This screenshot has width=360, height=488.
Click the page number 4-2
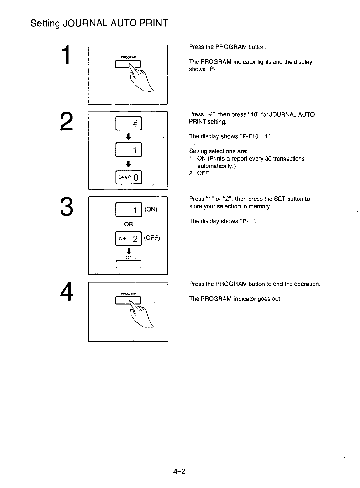click(x=180, y=472)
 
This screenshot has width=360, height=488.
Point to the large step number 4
click(x=65, y=291)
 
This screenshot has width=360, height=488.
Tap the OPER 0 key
click(x=129, y=177)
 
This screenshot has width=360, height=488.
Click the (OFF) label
click(x=152, y=238)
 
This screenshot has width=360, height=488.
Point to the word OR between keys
click(x=129, y=224)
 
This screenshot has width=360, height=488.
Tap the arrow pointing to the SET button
click(x=128, y=251)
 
